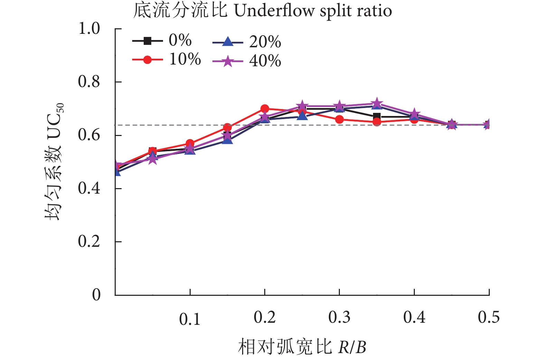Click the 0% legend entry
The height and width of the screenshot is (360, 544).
[162, 41]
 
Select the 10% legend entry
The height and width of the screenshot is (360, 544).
[166, 60]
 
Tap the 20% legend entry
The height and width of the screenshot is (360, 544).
[247, 42]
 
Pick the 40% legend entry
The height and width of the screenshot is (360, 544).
[247, 61]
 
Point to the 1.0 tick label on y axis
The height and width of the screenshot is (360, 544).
[89, 29]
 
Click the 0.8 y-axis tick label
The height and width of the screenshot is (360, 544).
[89, 82]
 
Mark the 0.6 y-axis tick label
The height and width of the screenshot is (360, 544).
[89, 135]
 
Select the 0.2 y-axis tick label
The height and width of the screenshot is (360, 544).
[89, 242]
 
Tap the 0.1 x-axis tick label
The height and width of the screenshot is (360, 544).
[190, 319]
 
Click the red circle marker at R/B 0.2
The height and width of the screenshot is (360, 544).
[265, 109]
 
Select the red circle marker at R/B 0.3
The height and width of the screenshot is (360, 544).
[340, 119]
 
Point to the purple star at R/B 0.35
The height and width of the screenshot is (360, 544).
[377, 103]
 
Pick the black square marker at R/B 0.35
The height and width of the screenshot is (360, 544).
[377, 116]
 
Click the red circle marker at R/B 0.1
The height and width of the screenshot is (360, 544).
[190, 143]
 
